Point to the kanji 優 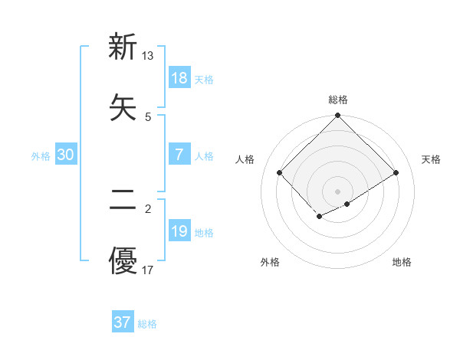coord(123,261)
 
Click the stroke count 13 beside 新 coord(148,55)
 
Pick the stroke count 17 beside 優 coord(148,270)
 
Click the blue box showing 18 coord(179,78)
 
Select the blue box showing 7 coord(179,155)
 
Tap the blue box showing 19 coord(179,231)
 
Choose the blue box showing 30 coord(66,155)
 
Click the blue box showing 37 coord(123,322)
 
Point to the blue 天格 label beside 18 coord(204,80)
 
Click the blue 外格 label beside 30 coord(41,156)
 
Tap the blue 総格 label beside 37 coord(147,324)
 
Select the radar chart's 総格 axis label coord(338,100)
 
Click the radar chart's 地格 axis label coord(402,262)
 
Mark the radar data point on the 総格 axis coord(338,116)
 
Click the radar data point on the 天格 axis coord(396,173)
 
